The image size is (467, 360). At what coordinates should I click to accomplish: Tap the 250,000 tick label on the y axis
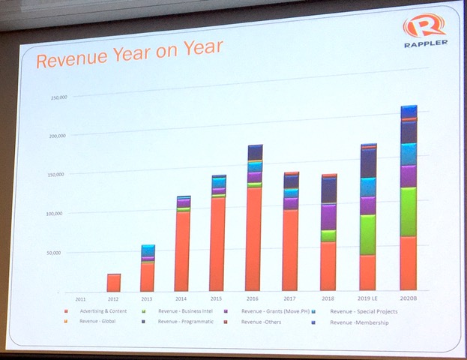[59, 97]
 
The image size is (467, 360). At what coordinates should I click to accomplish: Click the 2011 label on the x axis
[79, 299]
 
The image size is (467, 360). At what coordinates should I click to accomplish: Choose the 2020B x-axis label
[409, 298]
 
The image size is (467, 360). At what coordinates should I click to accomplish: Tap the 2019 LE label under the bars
[368, 298]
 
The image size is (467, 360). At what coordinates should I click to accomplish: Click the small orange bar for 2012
[113, 283]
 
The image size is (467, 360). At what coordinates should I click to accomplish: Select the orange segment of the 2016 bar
[254, 238]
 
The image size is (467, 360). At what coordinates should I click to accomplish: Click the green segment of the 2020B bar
[409, 211]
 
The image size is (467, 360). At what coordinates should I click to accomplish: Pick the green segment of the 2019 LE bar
[368, 235]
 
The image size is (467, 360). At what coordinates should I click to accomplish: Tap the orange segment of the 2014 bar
[182, 251]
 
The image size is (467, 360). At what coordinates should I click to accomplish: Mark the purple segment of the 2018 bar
[328, 217]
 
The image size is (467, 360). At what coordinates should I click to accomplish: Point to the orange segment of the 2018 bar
[328, 265]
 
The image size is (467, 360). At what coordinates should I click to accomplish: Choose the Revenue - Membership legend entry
[359, 322]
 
